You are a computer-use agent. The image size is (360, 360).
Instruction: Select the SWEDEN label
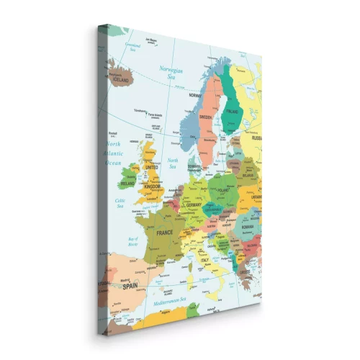coord(205,117)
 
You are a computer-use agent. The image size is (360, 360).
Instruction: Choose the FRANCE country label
coord(165,233)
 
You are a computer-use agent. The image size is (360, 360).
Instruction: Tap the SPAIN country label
coord(130,285)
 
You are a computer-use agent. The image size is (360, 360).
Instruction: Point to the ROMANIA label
coord(248,226)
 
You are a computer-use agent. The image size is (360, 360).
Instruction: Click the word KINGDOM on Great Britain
coord(153,186)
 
